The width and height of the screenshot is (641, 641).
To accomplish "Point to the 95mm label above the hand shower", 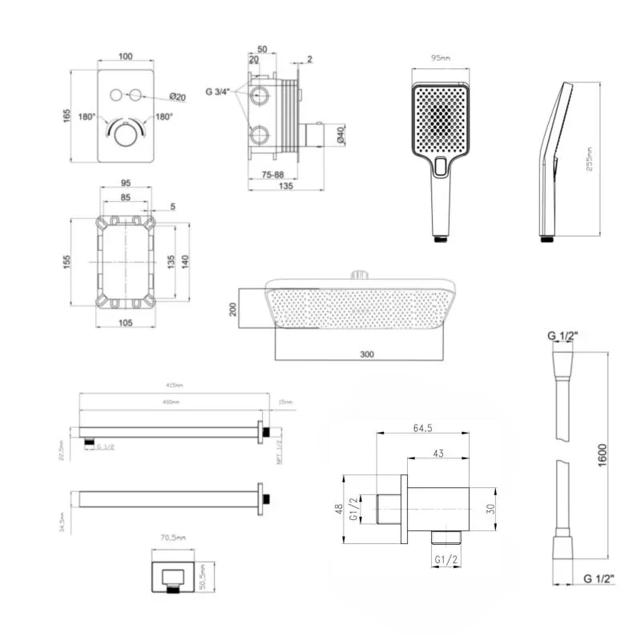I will (438, 58).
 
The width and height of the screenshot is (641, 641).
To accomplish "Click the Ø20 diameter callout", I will (178, 97).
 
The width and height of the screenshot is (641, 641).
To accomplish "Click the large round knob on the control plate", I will (124, 135).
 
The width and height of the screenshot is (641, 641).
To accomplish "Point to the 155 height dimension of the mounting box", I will (68, 261).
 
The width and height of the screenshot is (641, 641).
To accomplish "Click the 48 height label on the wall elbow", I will (341, 506).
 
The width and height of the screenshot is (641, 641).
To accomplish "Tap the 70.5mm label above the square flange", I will (171, 538).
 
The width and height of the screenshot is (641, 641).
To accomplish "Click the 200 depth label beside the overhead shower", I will (234, 308).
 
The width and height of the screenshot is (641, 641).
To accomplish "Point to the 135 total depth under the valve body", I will (284, 186).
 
